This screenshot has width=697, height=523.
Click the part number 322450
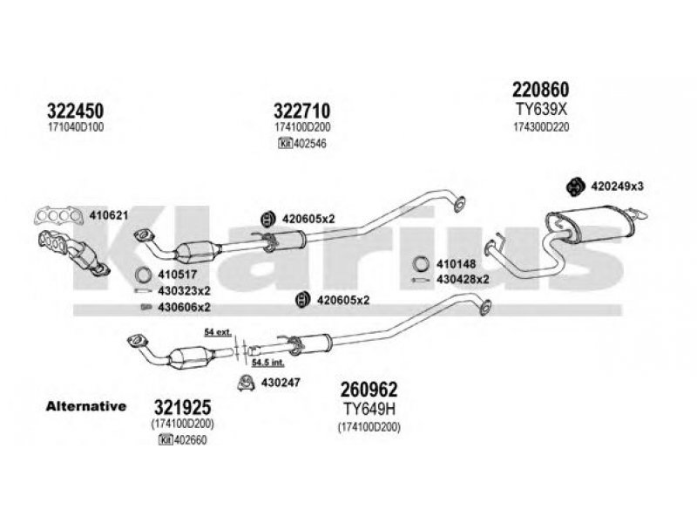75,111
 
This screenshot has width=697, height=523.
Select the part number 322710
301,111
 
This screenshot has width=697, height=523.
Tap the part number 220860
540,90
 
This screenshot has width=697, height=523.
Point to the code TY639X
541,109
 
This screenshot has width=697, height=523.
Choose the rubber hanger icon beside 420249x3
575,187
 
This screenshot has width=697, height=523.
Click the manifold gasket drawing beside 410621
58,216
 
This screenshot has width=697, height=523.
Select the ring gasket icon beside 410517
143,275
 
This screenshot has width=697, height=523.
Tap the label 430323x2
184,291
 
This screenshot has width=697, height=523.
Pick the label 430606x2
184,308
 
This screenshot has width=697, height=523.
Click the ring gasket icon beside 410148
421,264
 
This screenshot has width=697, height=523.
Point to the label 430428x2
463,279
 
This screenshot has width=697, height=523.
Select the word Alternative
85,406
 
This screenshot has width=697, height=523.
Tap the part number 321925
182,407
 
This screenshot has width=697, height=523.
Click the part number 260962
369,390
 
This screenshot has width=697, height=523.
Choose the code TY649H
369,409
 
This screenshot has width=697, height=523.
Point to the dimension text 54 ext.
218,332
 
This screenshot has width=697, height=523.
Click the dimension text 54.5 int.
268,363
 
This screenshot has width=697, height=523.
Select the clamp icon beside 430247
246,383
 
